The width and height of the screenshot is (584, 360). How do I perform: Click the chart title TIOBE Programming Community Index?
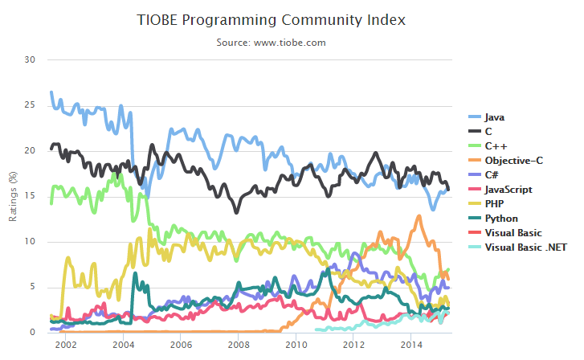pyautogui.click(x=272, y=19)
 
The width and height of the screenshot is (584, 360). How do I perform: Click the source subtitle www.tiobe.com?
pyautogui.click(x=272, y=42)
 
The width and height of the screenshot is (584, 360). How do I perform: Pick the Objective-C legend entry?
pyautogui.click(x=513, y=161)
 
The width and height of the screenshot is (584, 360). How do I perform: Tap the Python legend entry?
pyautogui.click(x=500, y=219)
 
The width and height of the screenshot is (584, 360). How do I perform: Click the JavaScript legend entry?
pyautogui.click(x=509, y=190)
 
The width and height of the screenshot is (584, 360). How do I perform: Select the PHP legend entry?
pyautogui.click(x=494, y=204)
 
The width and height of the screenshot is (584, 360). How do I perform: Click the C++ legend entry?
pyautogui.click(x=492, y=146)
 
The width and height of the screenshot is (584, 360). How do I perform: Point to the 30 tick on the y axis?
pyautogui.click(x=30, y=59)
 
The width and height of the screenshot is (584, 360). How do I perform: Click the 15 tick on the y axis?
pyautogui.click(x=30, y=196)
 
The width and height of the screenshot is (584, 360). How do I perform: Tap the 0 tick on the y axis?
pyautogui.click(x=32, y=332)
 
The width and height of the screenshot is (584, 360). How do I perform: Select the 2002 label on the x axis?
pyautogui.click(x=66, y=346)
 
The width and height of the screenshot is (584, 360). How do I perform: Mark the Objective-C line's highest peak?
pyautogui.click(x=419, y=216)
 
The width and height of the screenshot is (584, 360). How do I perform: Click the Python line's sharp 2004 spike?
pyautogui.click(x=134, y=274)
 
